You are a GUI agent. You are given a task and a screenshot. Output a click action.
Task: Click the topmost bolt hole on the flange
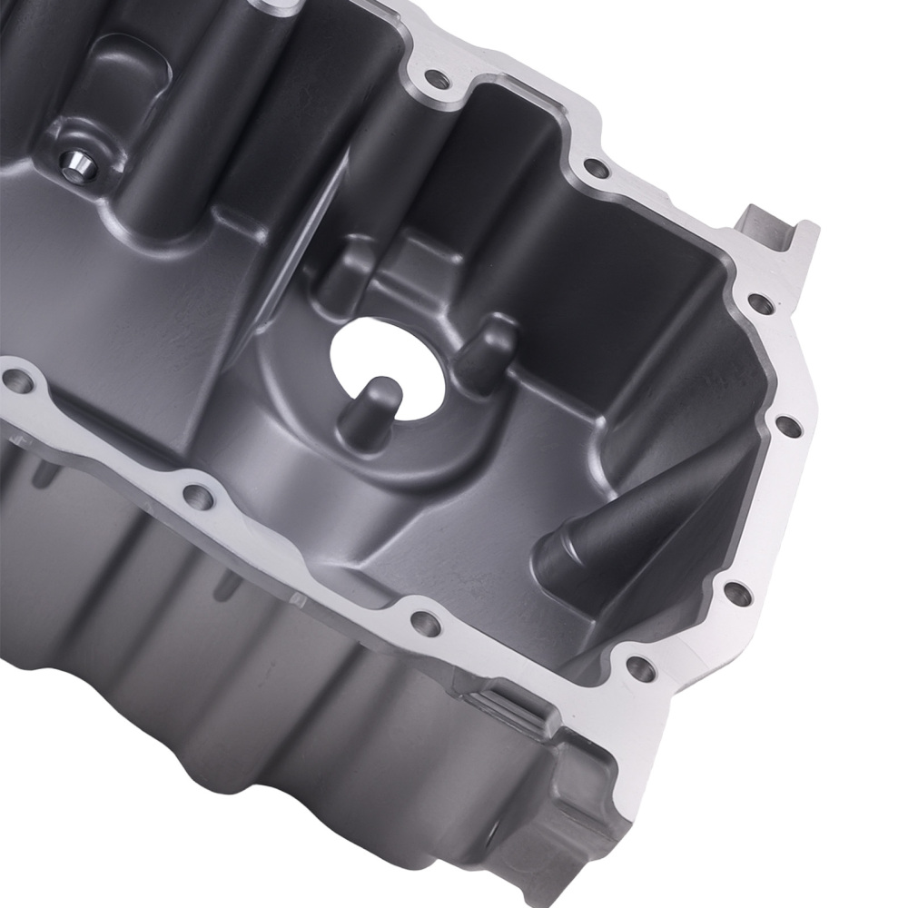(x=438, y=81)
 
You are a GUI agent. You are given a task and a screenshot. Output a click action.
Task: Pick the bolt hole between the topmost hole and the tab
(x=595, y=167)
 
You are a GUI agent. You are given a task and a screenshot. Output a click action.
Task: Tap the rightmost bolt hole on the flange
(x=788, y=425)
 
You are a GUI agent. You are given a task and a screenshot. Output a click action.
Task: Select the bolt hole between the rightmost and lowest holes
(x=737, y=595)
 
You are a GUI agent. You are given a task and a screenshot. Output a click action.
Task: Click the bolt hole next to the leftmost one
(x=197, y=496)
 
